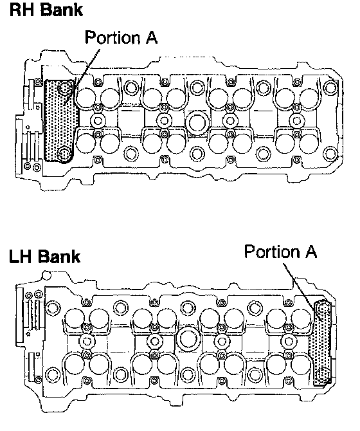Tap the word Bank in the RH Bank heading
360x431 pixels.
[x=62, y=10]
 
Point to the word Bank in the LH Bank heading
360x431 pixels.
[x=59, y=257]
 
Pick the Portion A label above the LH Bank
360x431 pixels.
[x=281, y=252]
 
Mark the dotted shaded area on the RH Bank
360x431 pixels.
[x=60, y=121]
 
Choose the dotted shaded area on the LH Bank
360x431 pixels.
[x=321, y=343]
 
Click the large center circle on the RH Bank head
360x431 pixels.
[x=197, y=122]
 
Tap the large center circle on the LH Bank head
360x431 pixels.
[x=188, y=339]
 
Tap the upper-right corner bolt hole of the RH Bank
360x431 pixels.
[x=330, y=87]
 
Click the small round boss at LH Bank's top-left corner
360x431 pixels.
[x=46, y=275]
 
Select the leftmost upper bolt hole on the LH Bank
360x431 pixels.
[x=53, y=308]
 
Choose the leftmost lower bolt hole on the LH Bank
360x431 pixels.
[x=52, y=374]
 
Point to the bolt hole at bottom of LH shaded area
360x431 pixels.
[x=323, y=374]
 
